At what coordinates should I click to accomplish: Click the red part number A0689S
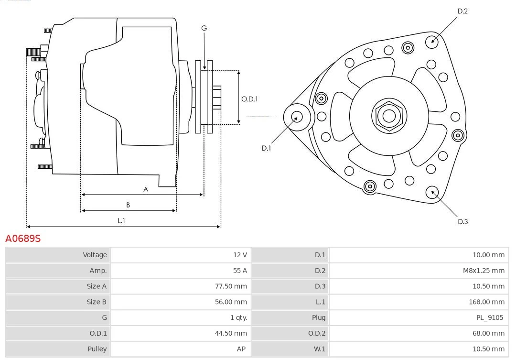[23, 238]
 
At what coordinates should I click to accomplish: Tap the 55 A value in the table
[240, 271]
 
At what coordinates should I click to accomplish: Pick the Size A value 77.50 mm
[231, 286]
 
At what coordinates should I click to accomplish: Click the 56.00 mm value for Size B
[231, 302]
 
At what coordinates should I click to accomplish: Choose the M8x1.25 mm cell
[484, 271]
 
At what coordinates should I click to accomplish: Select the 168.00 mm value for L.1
[486, 302]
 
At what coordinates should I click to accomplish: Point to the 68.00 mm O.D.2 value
[488, 333]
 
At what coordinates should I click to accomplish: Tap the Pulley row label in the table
[97, 349]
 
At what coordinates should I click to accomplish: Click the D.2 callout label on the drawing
[462, 11]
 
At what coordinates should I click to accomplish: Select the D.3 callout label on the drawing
[462, 221]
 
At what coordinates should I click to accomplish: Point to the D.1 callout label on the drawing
[266, 148]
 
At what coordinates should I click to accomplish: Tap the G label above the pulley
[204, 28]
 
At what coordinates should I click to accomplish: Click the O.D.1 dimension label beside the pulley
[249, 99]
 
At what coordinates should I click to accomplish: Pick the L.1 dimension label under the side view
[121, 220]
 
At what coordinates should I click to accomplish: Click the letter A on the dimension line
[146, 189]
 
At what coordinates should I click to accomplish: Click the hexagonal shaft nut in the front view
[389, 116]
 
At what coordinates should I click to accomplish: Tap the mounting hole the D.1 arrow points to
[297, 117]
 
